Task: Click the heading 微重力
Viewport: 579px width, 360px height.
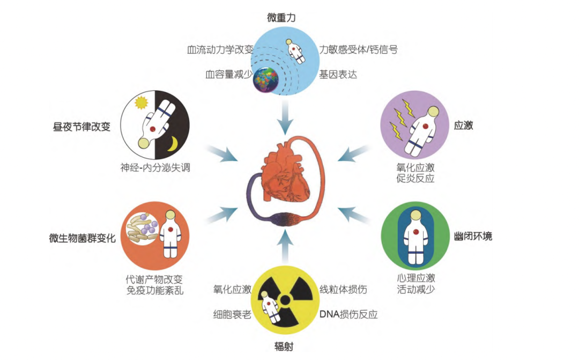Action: pyautogui.click(x=281, y=18)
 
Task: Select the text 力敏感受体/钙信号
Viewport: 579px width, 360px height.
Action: pyautogui.click(x=358, y=50)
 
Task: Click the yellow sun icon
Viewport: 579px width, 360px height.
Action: pyautogui.click(x=142, y=102)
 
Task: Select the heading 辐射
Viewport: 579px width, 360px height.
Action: pyautogui.click(x=282, y=347)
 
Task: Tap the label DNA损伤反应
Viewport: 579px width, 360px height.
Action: pyautogui.click(x=348, y=314)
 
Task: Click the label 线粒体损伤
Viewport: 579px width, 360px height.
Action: pyautogui.click(x=343, y=290)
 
